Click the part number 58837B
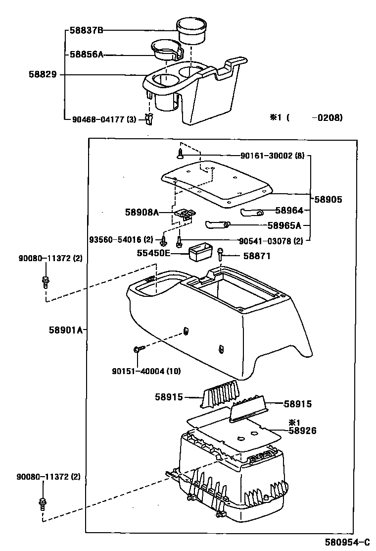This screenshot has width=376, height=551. (x=86, y=30)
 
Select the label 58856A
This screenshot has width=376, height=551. (x=86, y=55)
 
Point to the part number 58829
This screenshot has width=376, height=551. (x=43, y=75)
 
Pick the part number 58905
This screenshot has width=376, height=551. (x=328, y=199)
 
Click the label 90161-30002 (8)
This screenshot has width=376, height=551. (x=272, y=156)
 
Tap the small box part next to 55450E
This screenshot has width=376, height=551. (x=200, y=251)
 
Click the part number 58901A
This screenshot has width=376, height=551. (x=65, y=330)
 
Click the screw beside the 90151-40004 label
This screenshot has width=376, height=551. (x=138, y=349)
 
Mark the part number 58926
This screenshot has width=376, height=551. (x=302, y=431)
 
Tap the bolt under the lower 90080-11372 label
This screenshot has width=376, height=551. (x=42, y=502)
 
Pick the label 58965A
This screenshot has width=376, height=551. (x=284, y=225)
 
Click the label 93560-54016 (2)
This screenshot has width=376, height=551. (x=121, y=240)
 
